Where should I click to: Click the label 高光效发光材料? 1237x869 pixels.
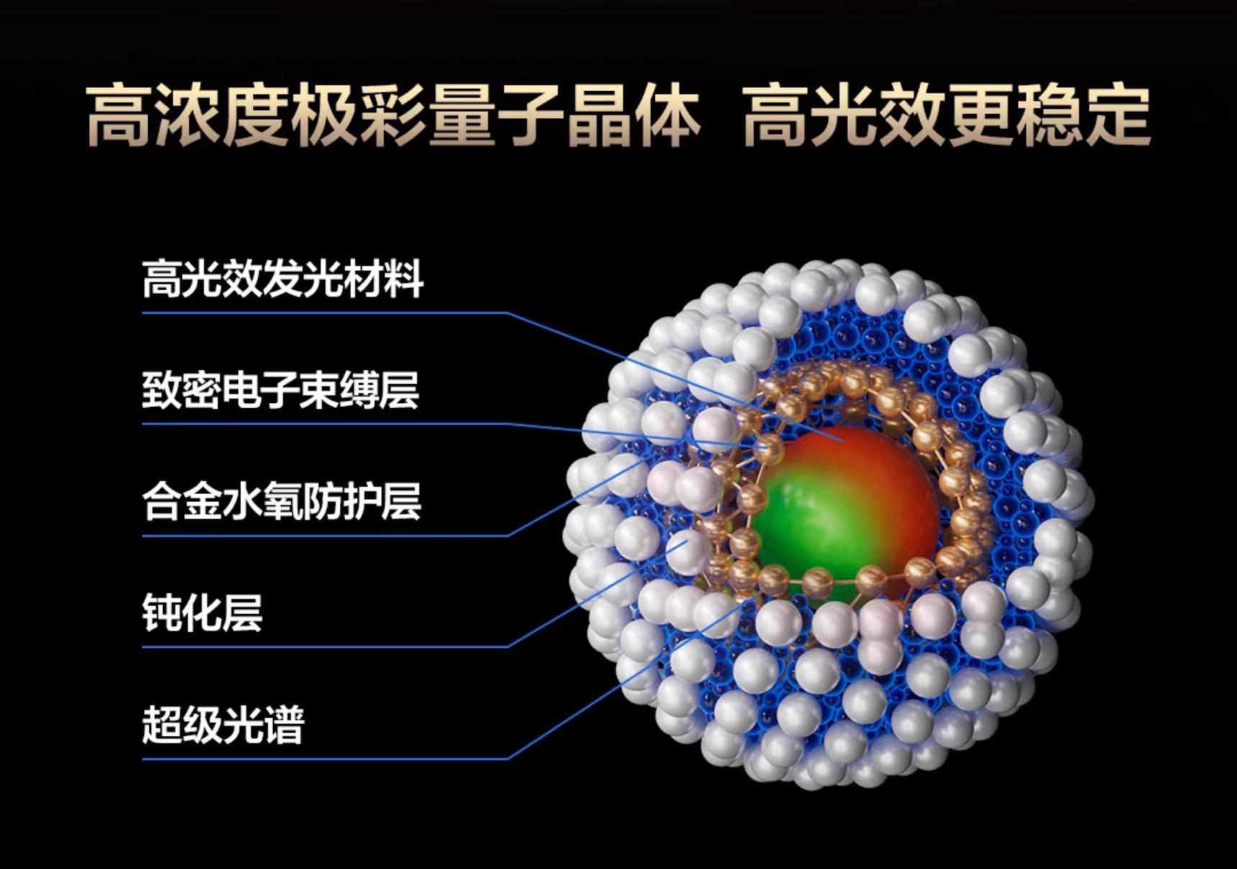tap(282, 279)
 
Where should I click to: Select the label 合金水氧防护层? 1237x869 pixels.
tap(281, 501)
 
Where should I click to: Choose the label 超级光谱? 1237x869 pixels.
tap(223, 724)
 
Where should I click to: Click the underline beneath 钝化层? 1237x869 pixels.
tap(325, 646)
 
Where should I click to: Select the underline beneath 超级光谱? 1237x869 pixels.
tap(325, 758)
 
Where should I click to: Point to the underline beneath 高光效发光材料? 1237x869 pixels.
tap(325, 312)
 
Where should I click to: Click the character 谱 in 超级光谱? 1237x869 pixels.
tap(285, 724)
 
